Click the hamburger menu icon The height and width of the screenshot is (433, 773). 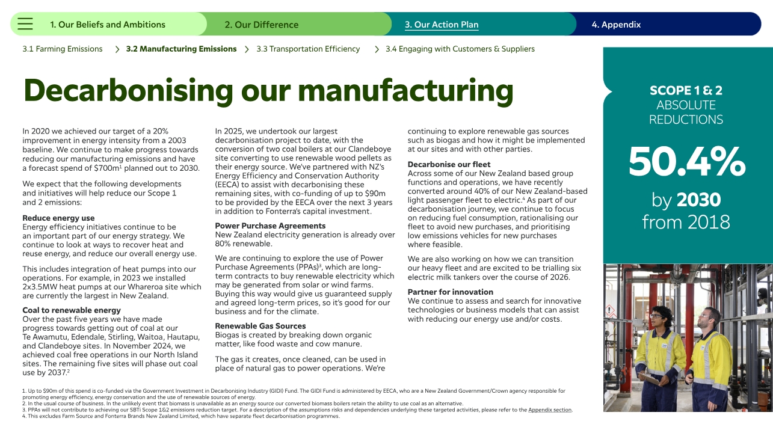(x=25, y=24)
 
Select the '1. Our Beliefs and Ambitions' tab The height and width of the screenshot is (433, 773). (x=107, y=25)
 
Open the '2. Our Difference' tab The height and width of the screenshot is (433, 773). (x=262, y=25)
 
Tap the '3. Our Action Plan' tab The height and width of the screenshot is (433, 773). (x=442, y=25)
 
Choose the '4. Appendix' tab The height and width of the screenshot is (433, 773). (x=616, y=25)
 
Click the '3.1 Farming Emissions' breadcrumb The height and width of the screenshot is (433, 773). (x=63, y=49)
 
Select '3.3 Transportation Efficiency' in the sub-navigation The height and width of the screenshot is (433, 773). (x=308, y=49)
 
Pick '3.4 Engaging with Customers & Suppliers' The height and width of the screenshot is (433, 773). (x=460, y=49)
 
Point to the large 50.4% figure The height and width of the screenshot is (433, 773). (x=687, y=161)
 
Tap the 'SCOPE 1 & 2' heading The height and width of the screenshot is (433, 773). (x=686, y=91)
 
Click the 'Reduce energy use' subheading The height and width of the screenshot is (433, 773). (x=58, y=218)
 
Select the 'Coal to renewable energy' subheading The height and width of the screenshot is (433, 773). (x=72, y=310)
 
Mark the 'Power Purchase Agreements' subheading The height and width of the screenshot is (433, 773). (x=270, y=226)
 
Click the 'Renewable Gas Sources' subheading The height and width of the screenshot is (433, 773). (x=260, y=326)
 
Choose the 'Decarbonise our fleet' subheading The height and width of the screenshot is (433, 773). (x=449, y=164)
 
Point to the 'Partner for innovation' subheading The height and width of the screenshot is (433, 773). (x=450, y=292)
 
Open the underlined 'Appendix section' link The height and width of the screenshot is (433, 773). (x=550, y=410)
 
